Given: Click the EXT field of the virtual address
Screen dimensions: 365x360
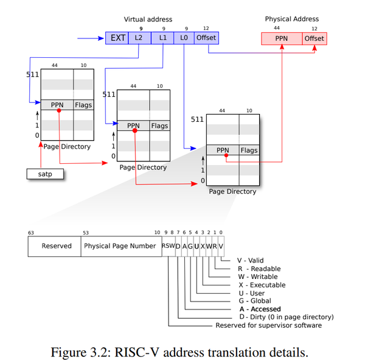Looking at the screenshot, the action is pos(117,38).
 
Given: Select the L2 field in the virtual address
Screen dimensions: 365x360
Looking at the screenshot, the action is pos(140,38).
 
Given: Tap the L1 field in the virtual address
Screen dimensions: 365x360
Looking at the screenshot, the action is pos(162,38).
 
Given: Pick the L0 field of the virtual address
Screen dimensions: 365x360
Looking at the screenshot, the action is pos(184,38).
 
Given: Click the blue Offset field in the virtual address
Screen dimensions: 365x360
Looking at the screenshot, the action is pos(206,38).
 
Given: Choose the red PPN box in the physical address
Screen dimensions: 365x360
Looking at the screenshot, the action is pos(282,39).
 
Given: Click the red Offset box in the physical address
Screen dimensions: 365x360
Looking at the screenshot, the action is pos(315,39).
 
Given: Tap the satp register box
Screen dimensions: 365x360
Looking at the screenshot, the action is pos(45,174).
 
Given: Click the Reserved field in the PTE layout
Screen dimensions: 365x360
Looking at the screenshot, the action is pos(55,247).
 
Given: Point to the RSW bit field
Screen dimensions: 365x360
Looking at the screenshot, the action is pos(169,246).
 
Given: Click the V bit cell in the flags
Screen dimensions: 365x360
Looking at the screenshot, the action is pos(221,246).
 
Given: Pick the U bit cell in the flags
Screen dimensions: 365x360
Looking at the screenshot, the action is pos(196,246).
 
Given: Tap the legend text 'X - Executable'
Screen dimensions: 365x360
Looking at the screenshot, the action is pos(262,285).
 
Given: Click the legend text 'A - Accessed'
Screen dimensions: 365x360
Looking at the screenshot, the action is pos(260,309).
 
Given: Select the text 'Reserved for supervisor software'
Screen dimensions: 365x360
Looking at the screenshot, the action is pos(269,325).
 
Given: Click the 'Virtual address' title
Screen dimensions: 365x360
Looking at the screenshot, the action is pos(148,19).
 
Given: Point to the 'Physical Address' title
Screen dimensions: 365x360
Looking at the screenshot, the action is pos(292,19).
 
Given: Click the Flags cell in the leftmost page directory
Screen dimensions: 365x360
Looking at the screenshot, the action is pos(83,105).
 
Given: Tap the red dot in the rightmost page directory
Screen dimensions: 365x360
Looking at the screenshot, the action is pos(226,155).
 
